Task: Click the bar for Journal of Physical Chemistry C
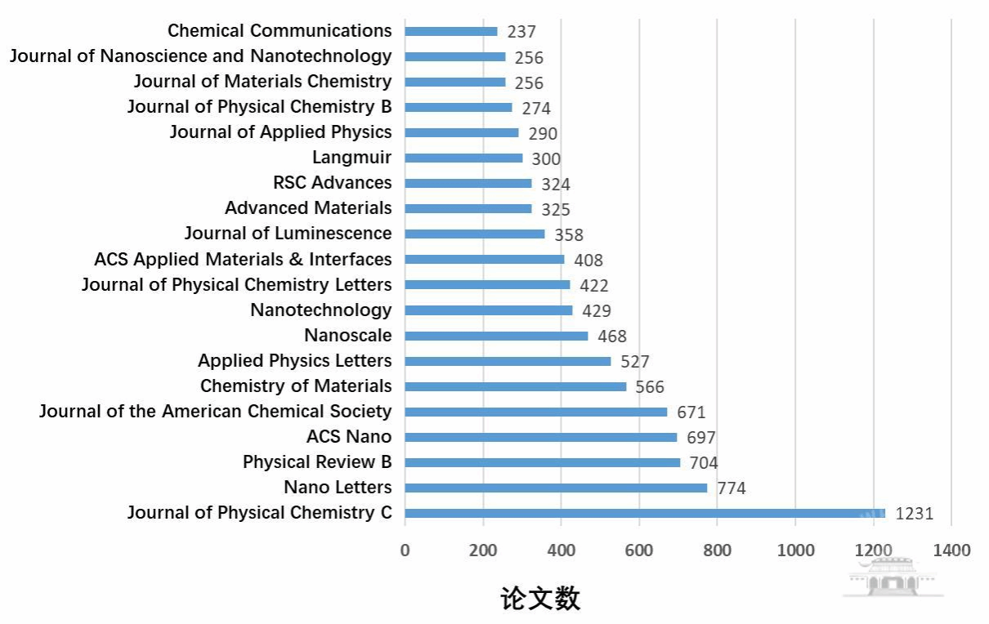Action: [644, 513]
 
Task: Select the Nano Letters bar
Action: [556, 488]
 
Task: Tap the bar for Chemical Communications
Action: [451, 31]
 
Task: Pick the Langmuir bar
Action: [463, 158]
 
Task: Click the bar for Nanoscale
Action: [496, 336]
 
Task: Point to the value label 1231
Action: [914, 515]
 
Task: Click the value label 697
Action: [700, 438]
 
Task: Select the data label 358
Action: [569, 235]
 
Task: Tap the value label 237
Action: [521, 32]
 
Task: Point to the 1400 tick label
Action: [951, 550]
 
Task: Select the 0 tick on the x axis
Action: [405, 550]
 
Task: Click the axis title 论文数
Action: [540, 598]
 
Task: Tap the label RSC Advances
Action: [333, 182]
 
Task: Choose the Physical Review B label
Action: [317, 461]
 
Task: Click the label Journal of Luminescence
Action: [288, 233]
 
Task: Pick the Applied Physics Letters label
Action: [294, 360]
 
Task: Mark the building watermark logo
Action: [893, 578]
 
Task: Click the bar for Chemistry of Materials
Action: [516, 386]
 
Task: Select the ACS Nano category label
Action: [349, 436]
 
